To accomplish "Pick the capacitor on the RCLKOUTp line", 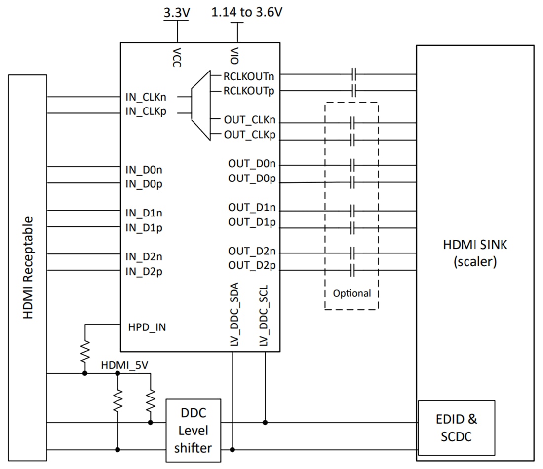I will (x=353, y=91).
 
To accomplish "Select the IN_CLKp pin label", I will (x=146, y=111).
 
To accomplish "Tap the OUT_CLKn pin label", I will (x=249, y=120).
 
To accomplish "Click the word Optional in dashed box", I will (x=351, y=293).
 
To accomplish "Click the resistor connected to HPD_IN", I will (x=85, y=352).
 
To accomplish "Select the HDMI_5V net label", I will (x=124, y=365).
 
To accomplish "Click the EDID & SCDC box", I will (x=456, y=428).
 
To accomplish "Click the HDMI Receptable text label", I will (x=28, y=267).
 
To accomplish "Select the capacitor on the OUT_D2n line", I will (x=352, y=254).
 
